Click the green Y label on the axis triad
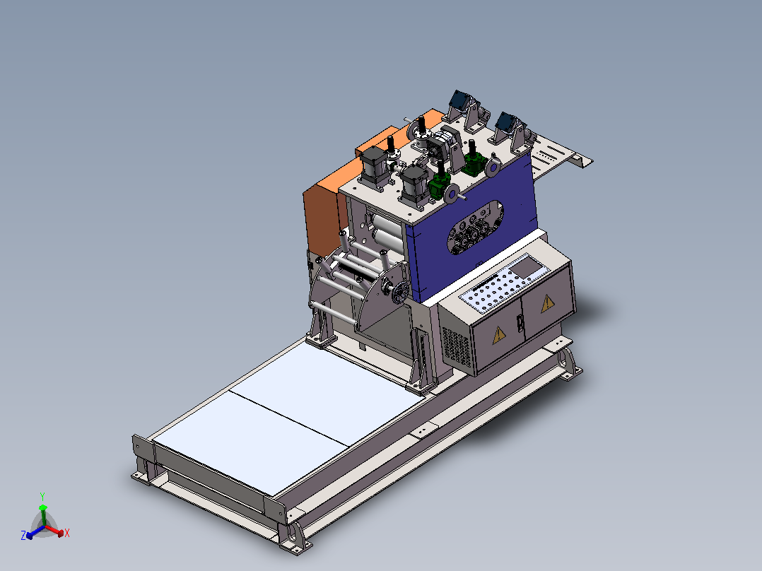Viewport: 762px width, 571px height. pos(42,497)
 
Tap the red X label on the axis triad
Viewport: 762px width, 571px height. pos(67,533)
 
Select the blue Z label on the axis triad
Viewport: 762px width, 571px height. pos(23,536)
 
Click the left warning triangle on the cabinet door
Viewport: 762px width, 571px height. pos(498,335)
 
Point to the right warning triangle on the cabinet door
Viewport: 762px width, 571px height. pos(548,303)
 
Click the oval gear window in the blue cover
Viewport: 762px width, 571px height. pos(475,228)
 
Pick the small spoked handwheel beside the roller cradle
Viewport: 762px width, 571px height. pos(400,293)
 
